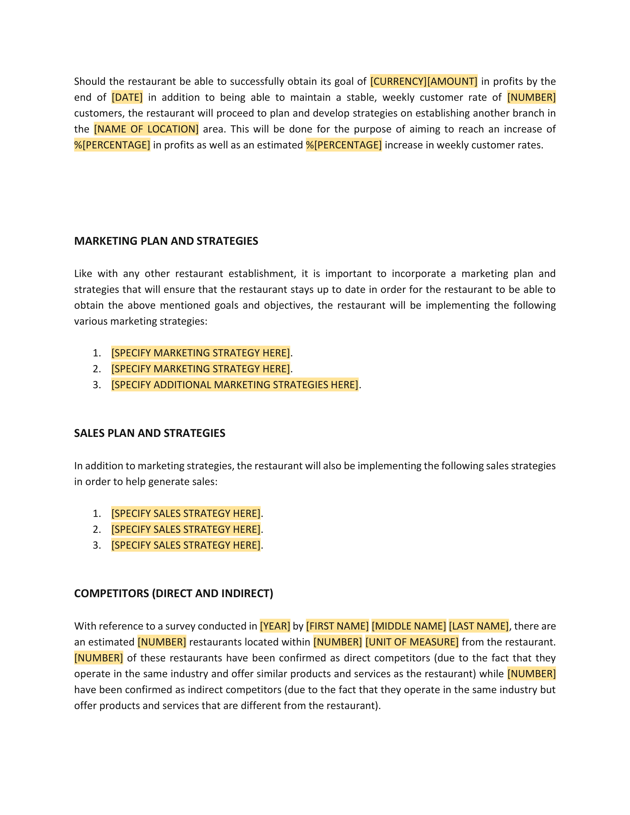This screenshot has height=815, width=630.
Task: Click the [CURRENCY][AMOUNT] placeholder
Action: pyautogui.click(x=424, y=81)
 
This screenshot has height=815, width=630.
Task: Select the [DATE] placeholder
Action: pyautogui.click(x=127, y=97)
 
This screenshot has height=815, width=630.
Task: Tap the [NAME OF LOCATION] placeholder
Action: pyautogui.click(x=146, y=129)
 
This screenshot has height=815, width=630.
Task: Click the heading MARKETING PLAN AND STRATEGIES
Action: pyautogui.click(x=166, y=241)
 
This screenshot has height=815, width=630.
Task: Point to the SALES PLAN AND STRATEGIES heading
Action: pyautogui.click(x=150, y=433)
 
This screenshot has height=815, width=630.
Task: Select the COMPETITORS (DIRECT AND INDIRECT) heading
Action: pyautogui.click(x=173, y=593)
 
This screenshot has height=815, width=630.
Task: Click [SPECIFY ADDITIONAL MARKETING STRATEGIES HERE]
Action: pyautogui.click(x=235, y=385)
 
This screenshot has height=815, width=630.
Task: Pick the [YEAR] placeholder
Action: pyautogui.click(x=275, y=626)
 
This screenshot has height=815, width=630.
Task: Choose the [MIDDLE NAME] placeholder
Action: pyautogui.click(x=409, y=626)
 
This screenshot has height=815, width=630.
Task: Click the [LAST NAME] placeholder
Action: pyautogui.click(x=479, y=626)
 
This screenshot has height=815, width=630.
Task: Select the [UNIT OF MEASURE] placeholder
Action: pyautogui.click(x=412, y=642)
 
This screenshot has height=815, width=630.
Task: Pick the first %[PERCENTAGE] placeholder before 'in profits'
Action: pyautogui.click(x=112, y=145)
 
